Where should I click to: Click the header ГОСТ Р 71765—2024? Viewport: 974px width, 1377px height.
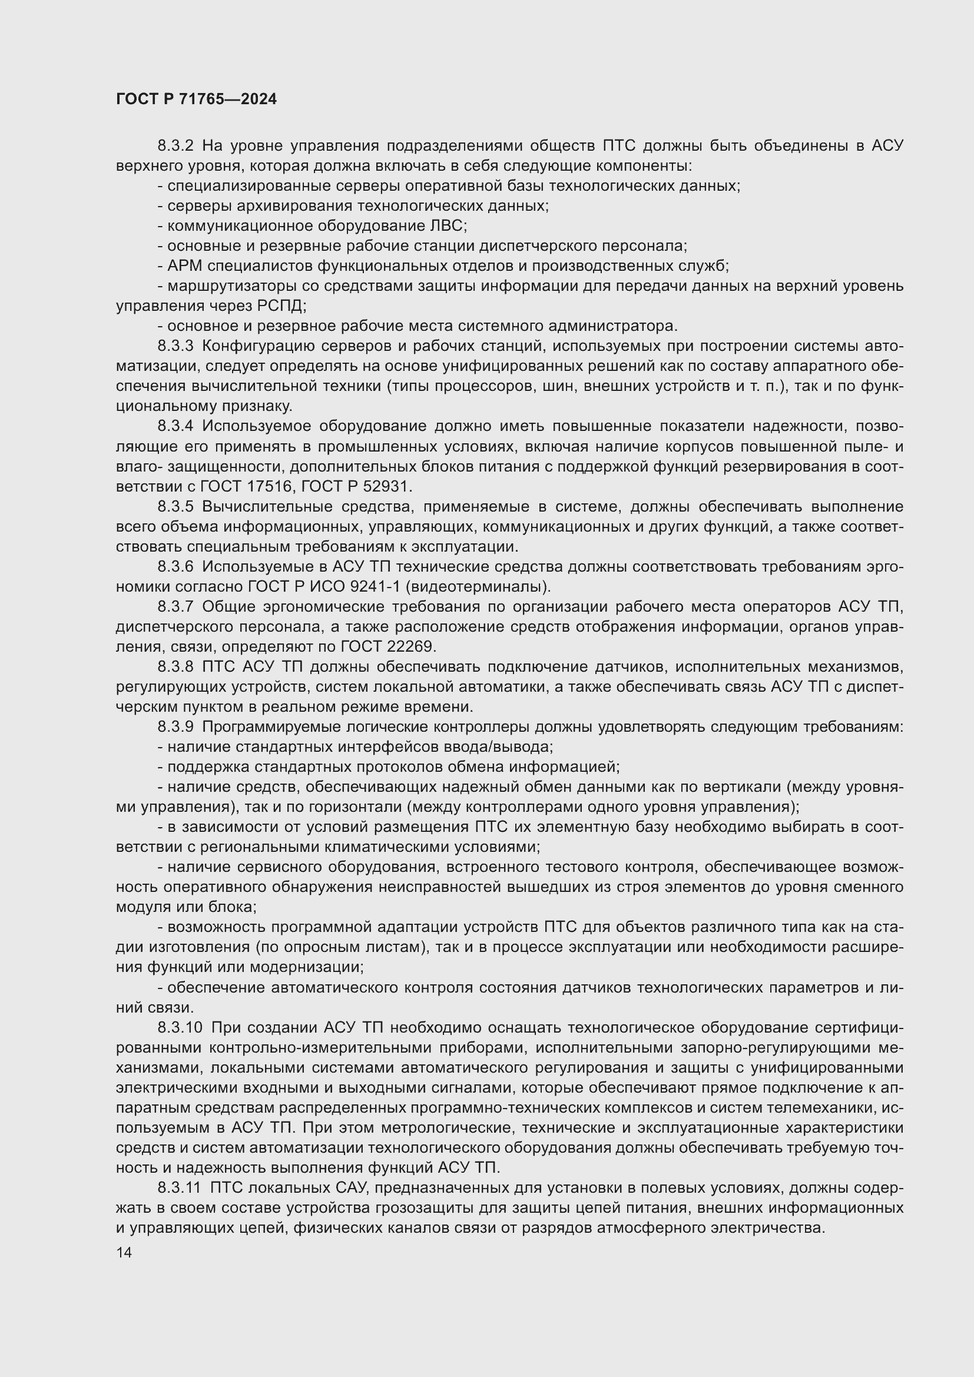coord(196,99)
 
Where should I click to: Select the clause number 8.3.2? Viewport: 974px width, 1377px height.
coord(175,146)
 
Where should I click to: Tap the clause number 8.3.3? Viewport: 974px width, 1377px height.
coord(175,346)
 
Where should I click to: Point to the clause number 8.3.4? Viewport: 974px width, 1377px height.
coord(175,426)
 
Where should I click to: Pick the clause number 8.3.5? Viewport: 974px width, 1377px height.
coord(175,506)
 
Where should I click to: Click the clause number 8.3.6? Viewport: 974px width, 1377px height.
coord(175,566)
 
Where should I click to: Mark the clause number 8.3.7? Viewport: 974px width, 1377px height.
coord(175,606)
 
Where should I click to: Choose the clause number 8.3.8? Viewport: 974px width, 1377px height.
coord(175,666)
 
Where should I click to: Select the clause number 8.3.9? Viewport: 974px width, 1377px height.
coord(175,727)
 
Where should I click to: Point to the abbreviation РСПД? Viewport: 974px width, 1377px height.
coord(281,306)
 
